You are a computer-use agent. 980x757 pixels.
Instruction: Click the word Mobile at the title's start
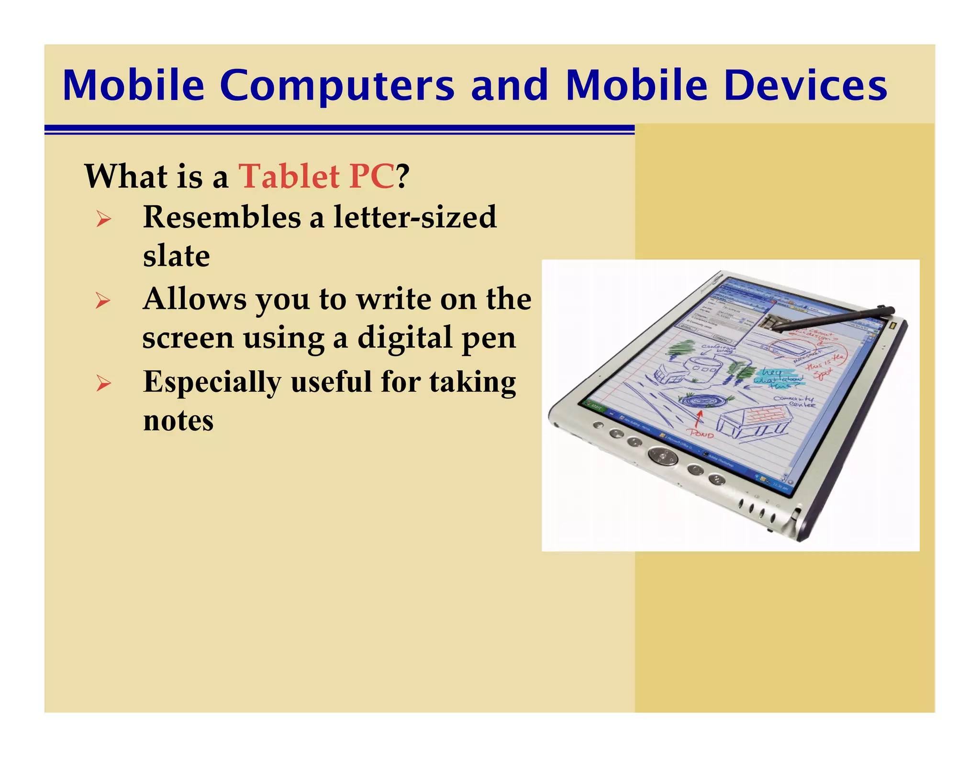(x=133, y=86)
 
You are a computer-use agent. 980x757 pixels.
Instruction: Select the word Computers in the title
(x=337, y=86)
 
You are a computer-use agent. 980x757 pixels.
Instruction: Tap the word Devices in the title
(x=806, y=86)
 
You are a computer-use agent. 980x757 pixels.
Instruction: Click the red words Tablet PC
(x=316, y=177)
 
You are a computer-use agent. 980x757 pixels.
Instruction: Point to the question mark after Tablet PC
(x=402, y=177)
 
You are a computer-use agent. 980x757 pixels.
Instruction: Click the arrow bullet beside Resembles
(x=103, y=220)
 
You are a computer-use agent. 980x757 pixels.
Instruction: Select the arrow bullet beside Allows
(x=103, y=301)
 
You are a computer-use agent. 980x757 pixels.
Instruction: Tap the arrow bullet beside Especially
(x=103, y=384)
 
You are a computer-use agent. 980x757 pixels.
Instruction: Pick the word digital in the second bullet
(x=405, y=337)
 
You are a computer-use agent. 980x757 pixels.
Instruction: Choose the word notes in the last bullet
(x=178, y=421)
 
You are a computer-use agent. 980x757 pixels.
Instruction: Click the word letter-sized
(x=415, y=217)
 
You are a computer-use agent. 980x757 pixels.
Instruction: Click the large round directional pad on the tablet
(x=662, y=456)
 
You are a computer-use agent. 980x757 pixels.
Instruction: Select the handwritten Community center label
(x=794, y=401)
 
